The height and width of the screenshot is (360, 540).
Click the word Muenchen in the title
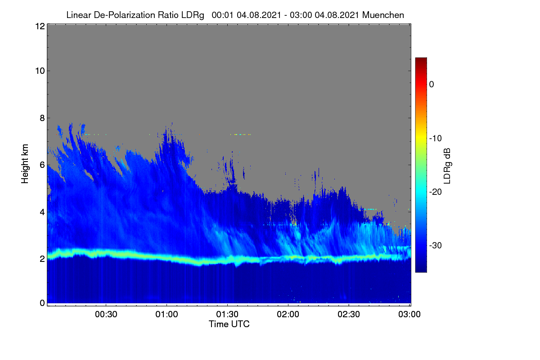(x=383, y=15)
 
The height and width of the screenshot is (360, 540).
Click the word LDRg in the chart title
(x=193, y=15)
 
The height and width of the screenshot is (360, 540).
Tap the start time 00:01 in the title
(x=222, y=15)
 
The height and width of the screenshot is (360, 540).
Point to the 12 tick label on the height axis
(x=40, y=26)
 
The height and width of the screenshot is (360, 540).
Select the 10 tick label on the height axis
(x=40, y=71)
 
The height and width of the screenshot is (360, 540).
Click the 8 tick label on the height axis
(x=42, y=118)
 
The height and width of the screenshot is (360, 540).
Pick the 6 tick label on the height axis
(x=42, y=165)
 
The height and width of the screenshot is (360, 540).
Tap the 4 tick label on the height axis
(x=42, y=212)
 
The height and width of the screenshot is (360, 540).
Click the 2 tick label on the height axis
(x=42, y=259)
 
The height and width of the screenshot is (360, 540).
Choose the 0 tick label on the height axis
(x=42, y=303)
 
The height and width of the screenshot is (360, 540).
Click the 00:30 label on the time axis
(x=106, y=315)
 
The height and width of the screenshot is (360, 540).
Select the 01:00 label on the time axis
(x=166, y=315)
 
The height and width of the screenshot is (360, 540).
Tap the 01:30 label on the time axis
(x=227, y=315)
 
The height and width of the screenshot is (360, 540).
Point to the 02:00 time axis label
(x=288, y=315)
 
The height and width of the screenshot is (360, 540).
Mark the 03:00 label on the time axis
(x=409, y=315)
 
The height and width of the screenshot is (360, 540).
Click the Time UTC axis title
(x=229, y=324)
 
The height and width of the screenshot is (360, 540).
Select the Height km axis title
(x=25, y=164)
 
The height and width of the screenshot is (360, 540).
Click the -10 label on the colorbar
(x=436, y=139)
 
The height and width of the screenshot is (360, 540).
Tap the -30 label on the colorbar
(x=436, y=245)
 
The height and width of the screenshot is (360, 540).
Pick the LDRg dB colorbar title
(x=447, y=166)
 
